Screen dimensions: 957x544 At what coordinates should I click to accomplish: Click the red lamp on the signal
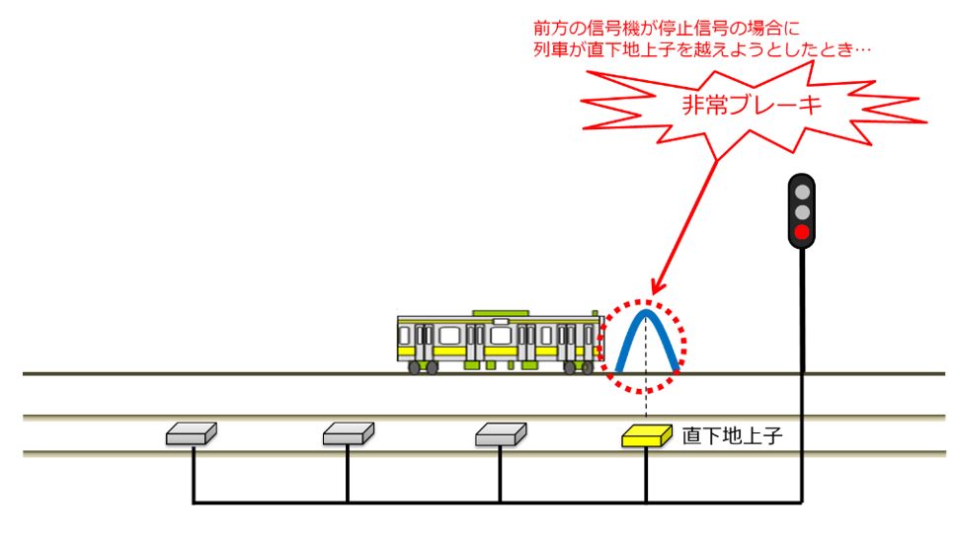pos(803,233)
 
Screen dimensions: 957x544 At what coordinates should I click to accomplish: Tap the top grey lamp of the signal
pos(803,192)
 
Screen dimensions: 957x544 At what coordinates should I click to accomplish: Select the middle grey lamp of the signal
pos(803,212)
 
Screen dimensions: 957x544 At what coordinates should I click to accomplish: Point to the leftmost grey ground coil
pos(192,433)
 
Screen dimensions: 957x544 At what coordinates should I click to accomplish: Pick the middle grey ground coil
pos(348,433)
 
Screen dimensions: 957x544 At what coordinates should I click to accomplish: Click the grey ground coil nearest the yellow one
pos(500,433)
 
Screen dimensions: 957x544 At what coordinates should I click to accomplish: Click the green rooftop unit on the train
pos(502,313)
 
